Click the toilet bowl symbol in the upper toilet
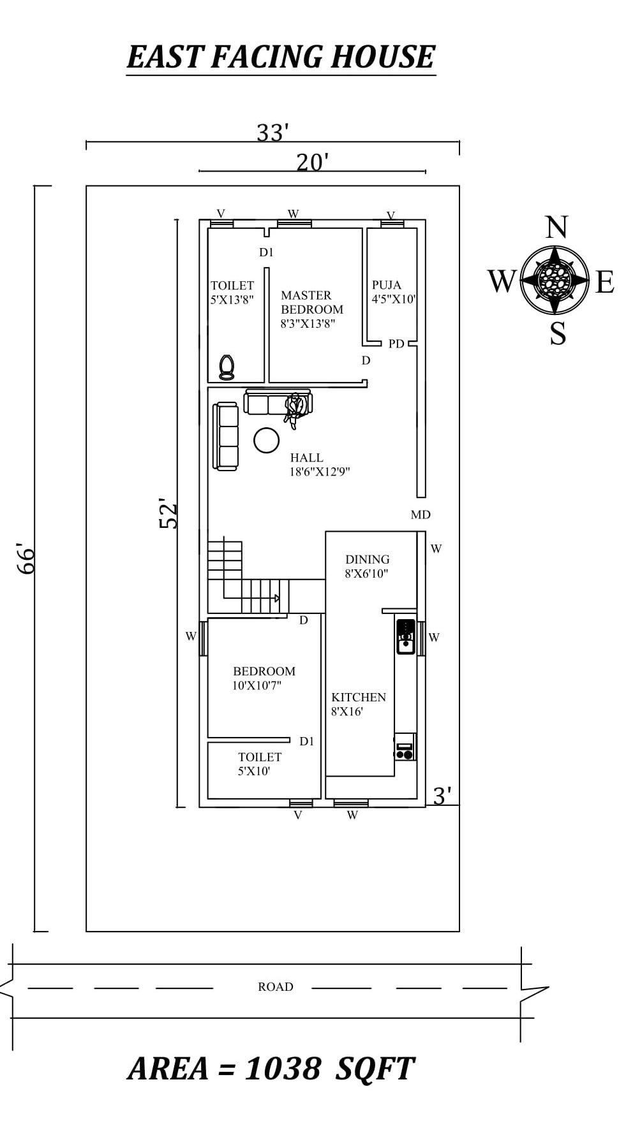tap(227, 367)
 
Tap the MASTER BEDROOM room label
tap(311, 309)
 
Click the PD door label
tap(396, 344)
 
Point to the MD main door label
tap(421, 515)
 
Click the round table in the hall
tap(266, 440)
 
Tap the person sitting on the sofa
tap(294, 409)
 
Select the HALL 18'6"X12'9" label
tap(319, 465)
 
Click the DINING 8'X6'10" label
tap(367, 566)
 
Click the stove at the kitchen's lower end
tap(405, 747)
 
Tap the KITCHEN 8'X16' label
tap(358, 704)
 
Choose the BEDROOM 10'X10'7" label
tap(264, 678)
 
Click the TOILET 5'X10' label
tap(258, 764)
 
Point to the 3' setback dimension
tap(442, 796)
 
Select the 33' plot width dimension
tap(272, 133)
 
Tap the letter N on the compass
tap(556, 228)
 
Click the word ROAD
tap(275, 986)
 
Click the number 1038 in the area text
tap(282, 1068)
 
